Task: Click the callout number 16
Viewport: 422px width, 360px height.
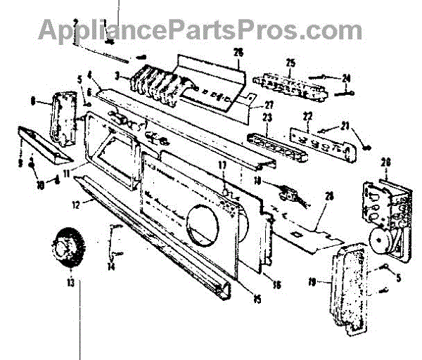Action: coord(276,285)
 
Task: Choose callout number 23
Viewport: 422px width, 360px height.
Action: coord(267,118)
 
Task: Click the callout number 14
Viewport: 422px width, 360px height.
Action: coord(110,267)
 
